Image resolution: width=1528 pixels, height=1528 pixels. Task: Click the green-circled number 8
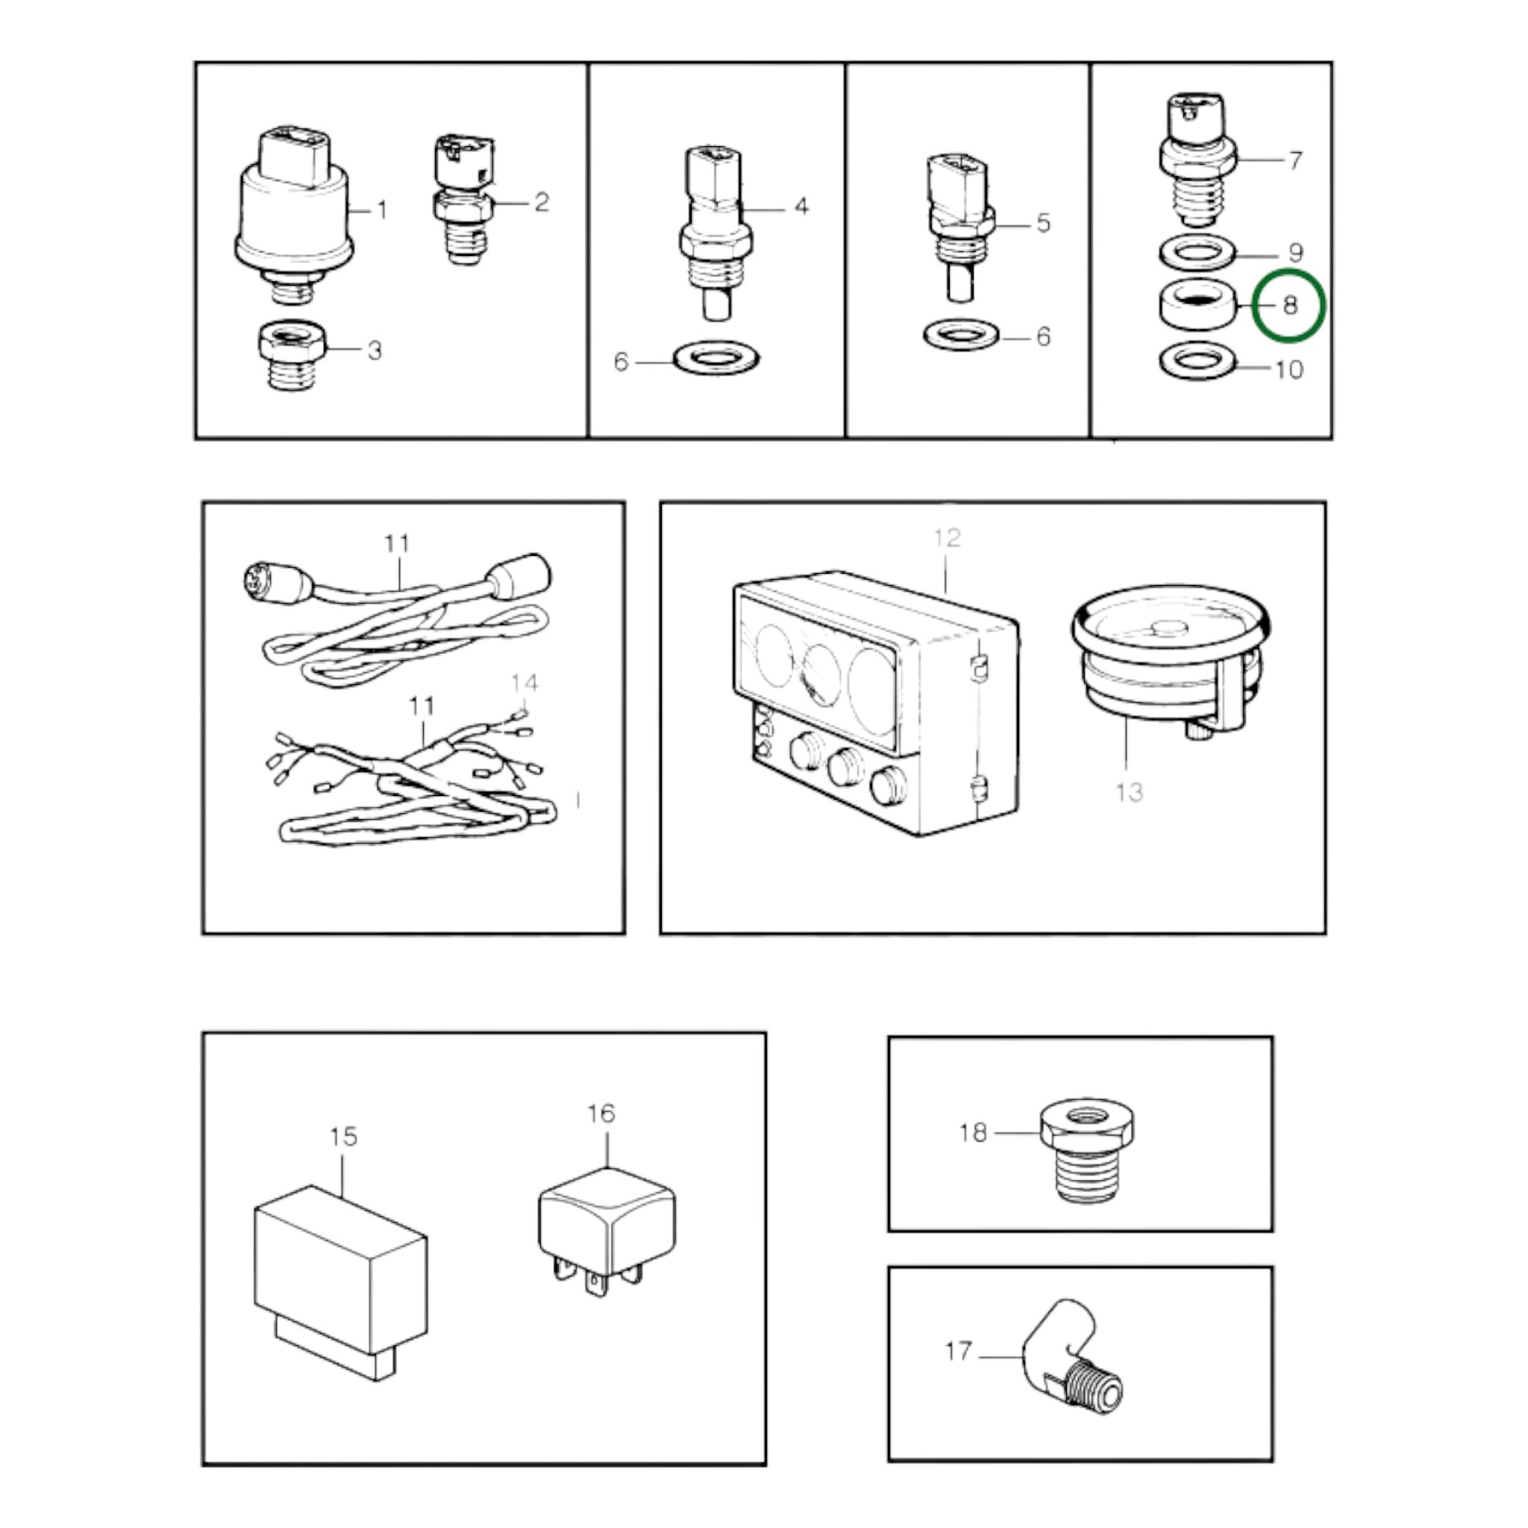(1290, 306)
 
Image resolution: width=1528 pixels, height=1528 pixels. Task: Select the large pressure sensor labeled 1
(294, 217)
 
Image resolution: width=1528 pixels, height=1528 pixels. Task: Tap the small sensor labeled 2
(463, 201)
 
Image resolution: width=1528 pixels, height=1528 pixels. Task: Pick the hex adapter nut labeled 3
(292, 355)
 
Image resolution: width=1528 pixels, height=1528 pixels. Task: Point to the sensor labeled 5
(961, 228)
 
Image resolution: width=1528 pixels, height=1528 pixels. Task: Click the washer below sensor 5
(962, 335)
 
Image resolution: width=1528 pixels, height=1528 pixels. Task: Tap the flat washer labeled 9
(1199, 253)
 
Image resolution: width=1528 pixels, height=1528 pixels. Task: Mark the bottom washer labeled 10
(1199, 361)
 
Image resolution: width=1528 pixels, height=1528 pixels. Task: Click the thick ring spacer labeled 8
(1199, 305)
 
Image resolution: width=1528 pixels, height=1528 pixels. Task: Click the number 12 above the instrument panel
(947, 538)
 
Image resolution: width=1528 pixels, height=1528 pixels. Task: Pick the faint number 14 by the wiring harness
(525, 682)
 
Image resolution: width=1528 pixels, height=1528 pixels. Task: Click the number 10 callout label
(1290, 369)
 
